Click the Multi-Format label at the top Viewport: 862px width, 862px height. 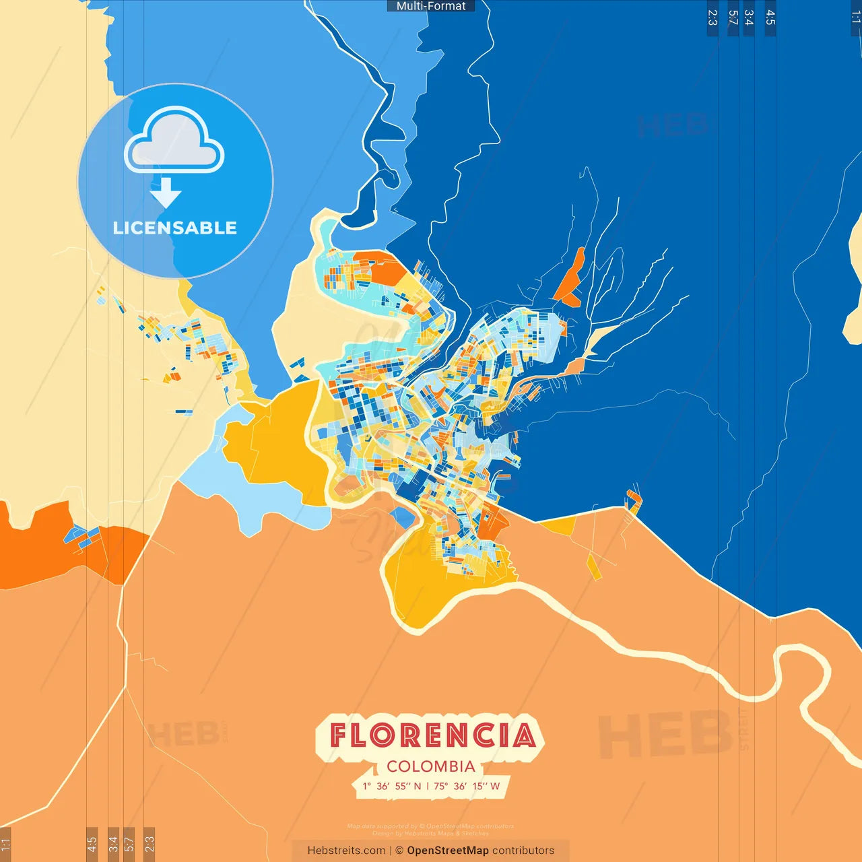431,6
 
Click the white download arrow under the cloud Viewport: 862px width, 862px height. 166,193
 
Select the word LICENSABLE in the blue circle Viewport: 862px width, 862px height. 174,228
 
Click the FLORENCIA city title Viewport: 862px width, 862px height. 432,735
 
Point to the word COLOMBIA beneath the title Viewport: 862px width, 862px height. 431,766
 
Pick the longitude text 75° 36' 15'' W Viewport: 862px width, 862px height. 467,786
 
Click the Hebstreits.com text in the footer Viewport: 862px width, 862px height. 346,851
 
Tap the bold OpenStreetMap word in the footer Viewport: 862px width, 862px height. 448,851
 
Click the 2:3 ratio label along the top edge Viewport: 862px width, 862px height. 712,18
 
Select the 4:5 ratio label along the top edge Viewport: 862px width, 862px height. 770,18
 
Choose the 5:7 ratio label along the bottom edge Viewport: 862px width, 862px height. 129,843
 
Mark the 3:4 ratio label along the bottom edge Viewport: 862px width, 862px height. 113,843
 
